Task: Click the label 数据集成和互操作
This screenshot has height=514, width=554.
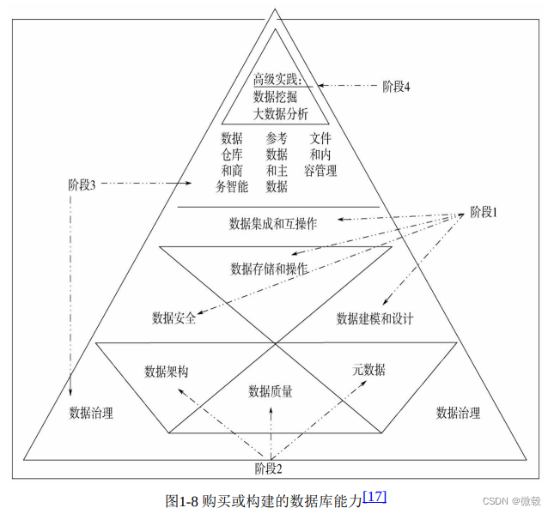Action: pyautogui.click(x=273, y=224)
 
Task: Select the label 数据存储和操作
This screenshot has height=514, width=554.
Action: pyautogui.click(x=269, y=269)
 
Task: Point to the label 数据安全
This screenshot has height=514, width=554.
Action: pyautogui.click(x=174, y=318)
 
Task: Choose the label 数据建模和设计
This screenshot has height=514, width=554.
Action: pyautogui.click(x=375, y=318)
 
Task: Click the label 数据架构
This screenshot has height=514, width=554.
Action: pyautogui.click(x=167, y=372)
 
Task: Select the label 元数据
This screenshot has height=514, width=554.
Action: pyautogui.click(x=368, y=370)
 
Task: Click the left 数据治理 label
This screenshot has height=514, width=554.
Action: pyautogui.click(x=91, y=413)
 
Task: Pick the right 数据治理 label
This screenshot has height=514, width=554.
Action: pyautogui.click(x=458, y=413)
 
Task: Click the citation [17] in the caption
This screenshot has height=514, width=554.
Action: pyautogui.click(x=375, y=495)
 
